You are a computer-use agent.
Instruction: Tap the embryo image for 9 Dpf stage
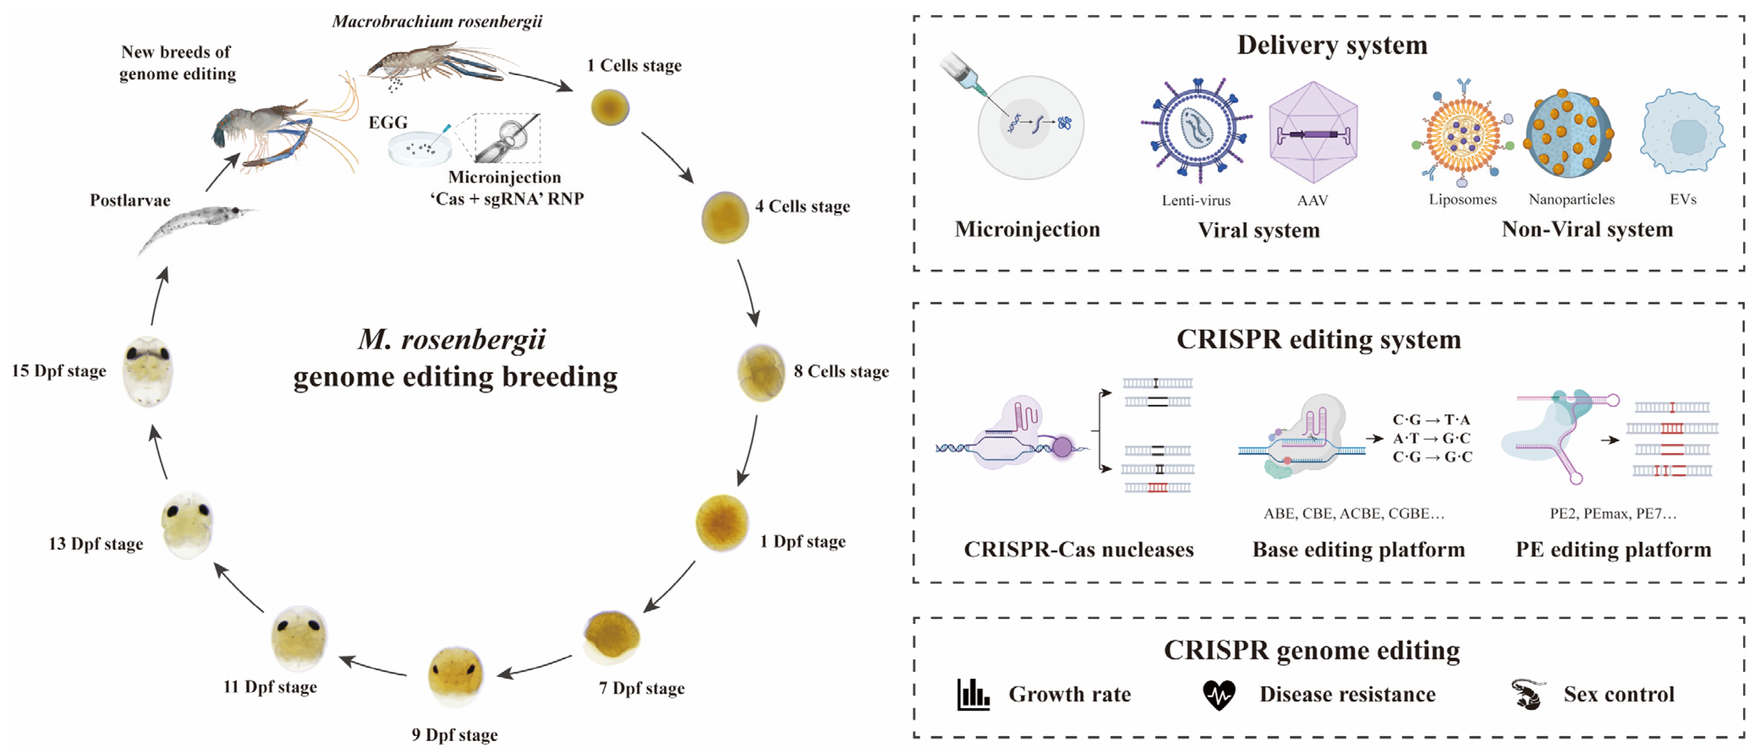click(455, 676)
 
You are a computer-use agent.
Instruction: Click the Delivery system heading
click(1332, 45)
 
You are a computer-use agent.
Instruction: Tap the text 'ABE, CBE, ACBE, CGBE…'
click(1353, 513)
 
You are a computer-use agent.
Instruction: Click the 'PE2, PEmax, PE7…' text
click(1613, 513)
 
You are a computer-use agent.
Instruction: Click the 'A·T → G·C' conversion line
click(1432, 438)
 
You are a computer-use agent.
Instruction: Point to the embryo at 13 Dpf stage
click(187, 524)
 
